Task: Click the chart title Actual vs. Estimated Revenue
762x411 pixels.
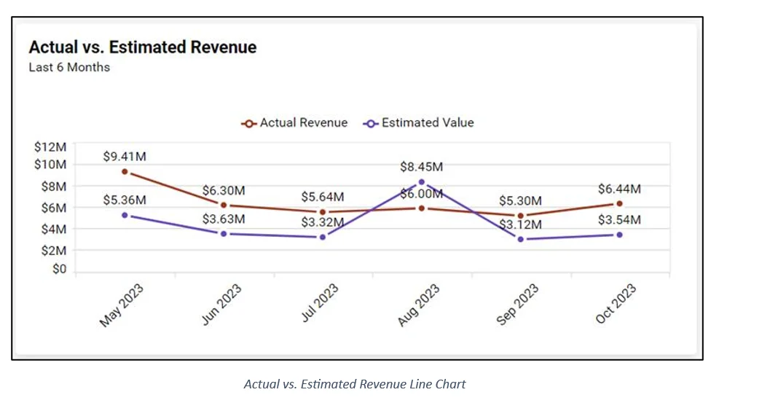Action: point(143,47)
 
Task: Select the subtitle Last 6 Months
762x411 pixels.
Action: point(69,68)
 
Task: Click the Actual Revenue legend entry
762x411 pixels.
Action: point(295,123)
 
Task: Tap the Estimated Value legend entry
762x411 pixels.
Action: point(419,123)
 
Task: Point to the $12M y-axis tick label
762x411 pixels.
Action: point(50,146)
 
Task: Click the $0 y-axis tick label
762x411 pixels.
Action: point(59,270)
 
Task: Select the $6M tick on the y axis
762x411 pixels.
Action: point(53,208)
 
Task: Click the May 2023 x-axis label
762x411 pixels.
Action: point(122,305)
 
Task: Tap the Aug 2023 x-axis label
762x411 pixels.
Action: point(419,305)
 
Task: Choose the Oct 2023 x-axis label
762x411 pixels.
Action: point(616,305)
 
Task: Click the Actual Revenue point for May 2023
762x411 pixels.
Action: point(125,172)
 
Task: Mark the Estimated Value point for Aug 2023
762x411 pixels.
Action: point(422,182)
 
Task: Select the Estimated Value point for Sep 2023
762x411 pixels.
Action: point(520,239)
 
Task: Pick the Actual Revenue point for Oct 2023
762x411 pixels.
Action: point(619,203)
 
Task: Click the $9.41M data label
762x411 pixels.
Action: point(124,156)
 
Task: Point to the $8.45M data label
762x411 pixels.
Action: point(421,167)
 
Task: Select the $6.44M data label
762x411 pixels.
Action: point(619,189)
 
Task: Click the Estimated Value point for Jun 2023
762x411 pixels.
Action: point(224,234)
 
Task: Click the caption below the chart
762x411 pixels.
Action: point(355,384)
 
